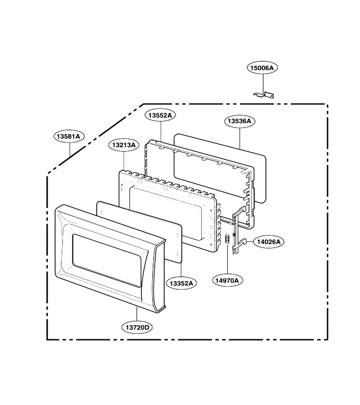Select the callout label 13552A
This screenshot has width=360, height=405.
[160, 115]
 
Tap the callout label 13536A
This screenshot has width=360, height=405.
[239, 121]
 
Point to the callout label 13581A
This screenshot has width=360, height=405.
[69, 136]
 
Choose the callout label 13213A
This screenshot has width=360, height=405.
[124, 145]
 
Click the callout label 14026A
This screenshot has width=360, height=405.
[269, 242]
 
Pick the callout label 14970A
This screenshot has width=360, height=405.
[228, 280]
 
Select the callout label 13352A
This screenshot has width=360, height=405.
[181, 283]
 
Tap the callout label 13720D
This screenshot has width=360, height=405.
[137, 328]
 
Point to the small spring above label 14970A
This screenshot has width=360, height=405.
[228, 238]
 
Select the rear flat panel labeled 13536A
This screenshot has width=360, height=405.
[220, 168]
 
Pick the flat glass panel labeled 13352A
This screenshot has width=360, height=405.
[139, 233]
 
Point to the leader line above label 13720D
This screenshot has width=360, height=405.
[137, 315]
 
